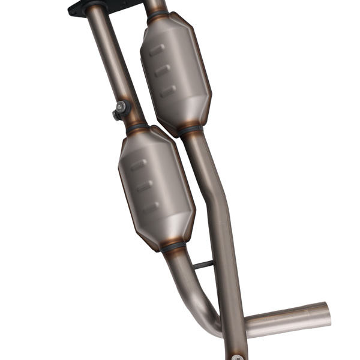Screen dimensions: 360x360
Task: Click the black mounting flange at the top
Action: tap(77, 8)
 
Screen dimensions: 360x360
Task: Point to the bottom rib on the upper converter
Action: tap(168, 91)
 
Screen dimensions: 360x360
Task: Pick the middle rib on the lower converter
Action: tap(144, 186)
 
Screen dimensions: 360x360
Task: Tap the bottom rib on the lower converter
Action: tap(151, 206)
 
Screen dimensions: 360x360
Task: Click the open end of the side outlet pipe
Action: tap(326, 314)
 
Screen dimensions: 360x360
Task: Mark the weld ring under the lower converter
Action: tap(173, 245)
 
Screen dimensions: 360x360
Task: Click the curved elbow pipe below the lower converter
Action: tap(201, 294)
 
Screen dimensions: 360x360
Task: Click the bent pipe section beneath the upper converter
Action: tap(210, 180)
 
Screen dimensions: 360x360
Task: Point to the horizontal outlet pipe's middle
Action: tap(282, 321)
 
